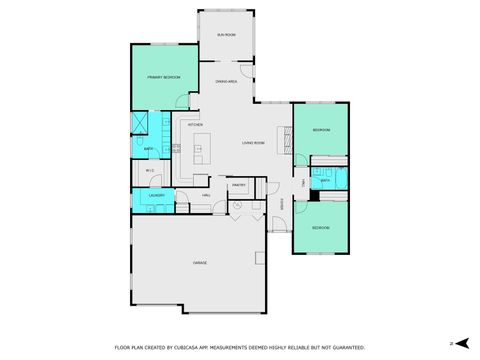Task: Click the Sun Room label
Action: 226,35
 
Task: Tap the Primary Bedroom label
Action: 163,77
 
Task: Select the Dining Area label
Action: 226,81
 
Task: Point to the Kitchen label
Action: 195,125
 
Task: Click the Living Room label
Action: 253,143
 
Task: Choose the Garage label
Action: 200,262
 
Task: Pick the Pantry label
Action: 239,185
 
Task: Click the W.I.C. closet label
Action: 150,171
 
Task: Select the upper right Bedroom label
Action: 321,130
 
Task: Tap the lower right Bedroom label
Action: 320,228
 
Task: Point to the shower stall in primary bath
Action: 141,125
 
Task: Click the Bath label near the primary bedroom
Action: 147,149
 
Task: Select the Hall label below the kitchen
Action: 205,195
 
